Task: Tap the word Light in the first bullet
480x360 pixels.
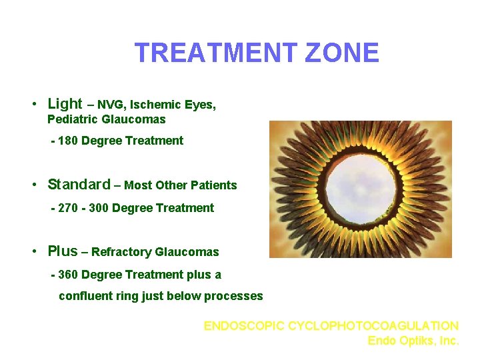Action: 65,103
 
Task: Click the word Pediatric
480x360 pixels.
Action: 73,119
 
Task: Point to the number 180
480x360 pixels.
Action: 69,141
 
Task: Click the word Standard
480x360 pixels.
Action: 79,184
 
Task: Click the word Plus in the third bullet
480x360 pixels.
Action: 63,251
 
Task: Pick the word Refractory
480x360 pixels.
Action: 121,252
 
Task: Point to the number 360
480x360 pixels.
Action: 69,275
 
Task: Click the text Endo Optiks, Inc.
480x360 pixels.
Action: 413,341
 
